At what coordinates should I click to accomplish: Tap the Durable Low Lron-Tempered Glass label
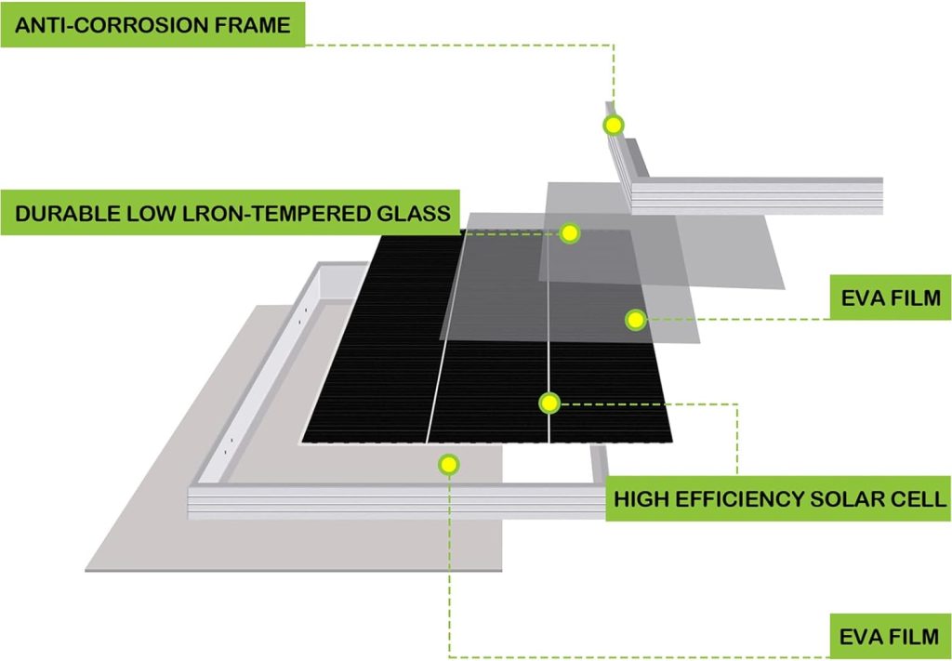[x=231, y=213]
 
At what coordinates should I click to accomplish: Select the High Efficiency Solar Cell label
[x=779, y=499]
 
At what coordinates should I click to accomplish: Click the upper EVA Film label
[x=890, y=298]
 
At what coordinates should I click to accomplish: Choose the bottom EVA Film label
[x=890, y=638]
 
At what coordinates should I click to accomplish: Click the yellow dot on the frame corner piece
[x=613, y=125]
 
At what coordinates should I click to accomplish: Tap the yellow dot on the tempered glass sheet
[x=570, y=232]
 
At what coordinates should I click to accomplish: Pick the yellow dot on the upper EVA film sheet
[x=635, y=320]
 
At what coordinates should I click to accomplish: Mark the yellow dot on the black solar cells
[x=549, y=403]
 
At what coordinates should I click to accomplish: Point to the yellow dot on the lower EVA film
[x=448, y=463]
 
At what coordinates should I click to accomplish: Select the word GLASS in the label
[x=410, y=214]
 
